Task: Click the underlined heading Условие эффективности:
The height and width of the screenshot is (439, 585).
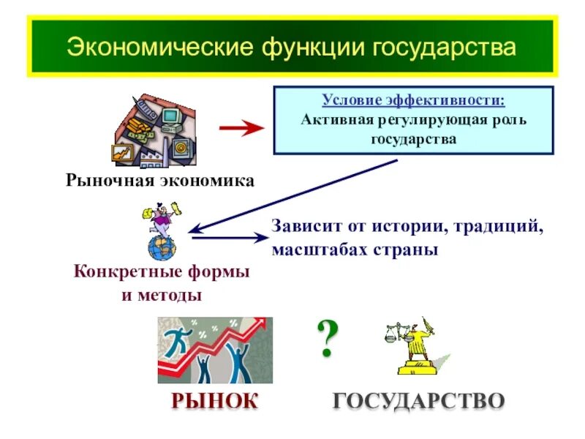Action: [x=413, y=100]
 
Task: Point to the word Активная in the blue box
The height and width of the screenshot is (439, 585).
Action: [x=337, y=119]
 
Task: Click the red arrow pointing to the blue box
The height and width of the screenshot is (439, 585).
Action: [x=241, y=128]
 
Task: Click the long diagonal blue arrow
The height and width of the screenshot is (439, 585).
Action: [x=292, y=195]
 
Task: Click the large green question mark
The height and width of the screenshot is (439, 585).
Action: [x=328, y=337]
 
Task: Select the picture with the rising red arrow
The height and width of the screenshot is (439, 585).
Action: [x=215, y=350]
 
